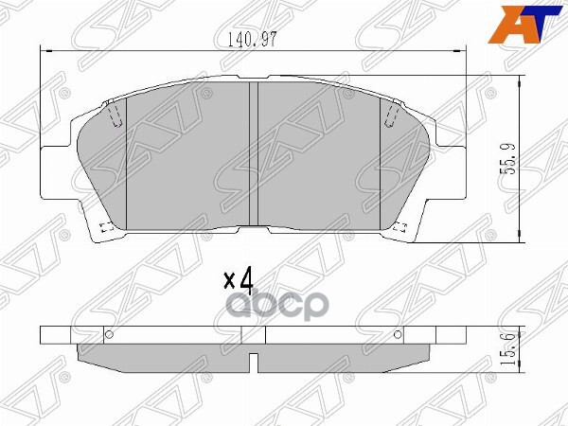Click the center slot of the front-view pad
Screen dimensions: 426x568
253,156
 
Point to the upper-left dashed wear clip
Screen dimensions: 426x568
115,115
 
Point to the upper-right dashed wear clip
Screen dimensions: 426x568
390,115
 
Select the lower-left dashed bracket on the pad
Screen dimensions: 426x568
106,227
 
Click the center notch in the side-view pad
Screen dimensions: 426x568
253,360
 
